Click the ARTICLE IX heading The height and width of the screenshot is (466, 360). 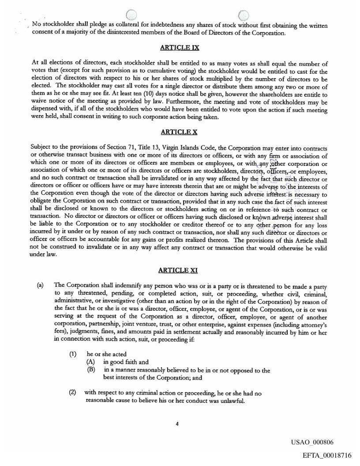point(180,48)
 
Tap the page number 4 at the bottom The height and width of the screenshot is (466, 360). point(177,424)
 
